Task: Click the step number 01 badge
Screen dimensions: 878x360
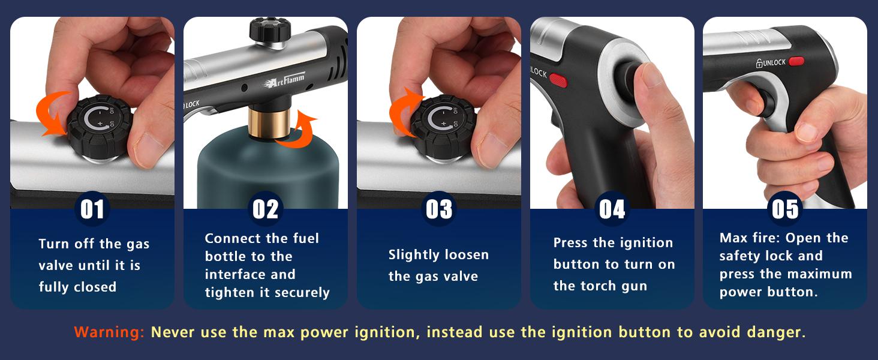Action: [92, 209]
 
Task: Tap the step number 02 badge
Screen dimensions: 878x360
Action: [265, 209]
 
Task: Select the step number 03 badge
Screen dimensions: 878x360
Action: [438, 209]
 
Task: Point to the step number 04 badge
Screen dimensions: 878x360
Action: [612, 209]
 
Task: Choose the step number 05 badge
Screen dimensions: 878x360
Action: [785, 209]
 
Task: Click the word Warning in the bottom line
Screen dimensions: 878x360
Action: [109, 332]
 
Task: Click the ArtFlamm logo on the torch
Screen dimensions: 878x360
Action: [285, 80]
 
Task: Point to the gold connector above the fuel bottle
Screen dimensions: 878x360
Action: [269, 123]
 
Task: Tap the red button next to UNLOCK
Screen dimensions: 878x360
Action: [796, 61]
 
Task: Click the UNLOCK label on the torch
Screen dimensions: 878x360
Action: [771, 63]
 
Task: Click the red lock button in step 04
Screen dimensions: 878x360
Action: [558, 80]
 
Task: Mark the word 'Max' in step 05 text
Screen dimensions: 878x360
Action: [732, 238]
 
